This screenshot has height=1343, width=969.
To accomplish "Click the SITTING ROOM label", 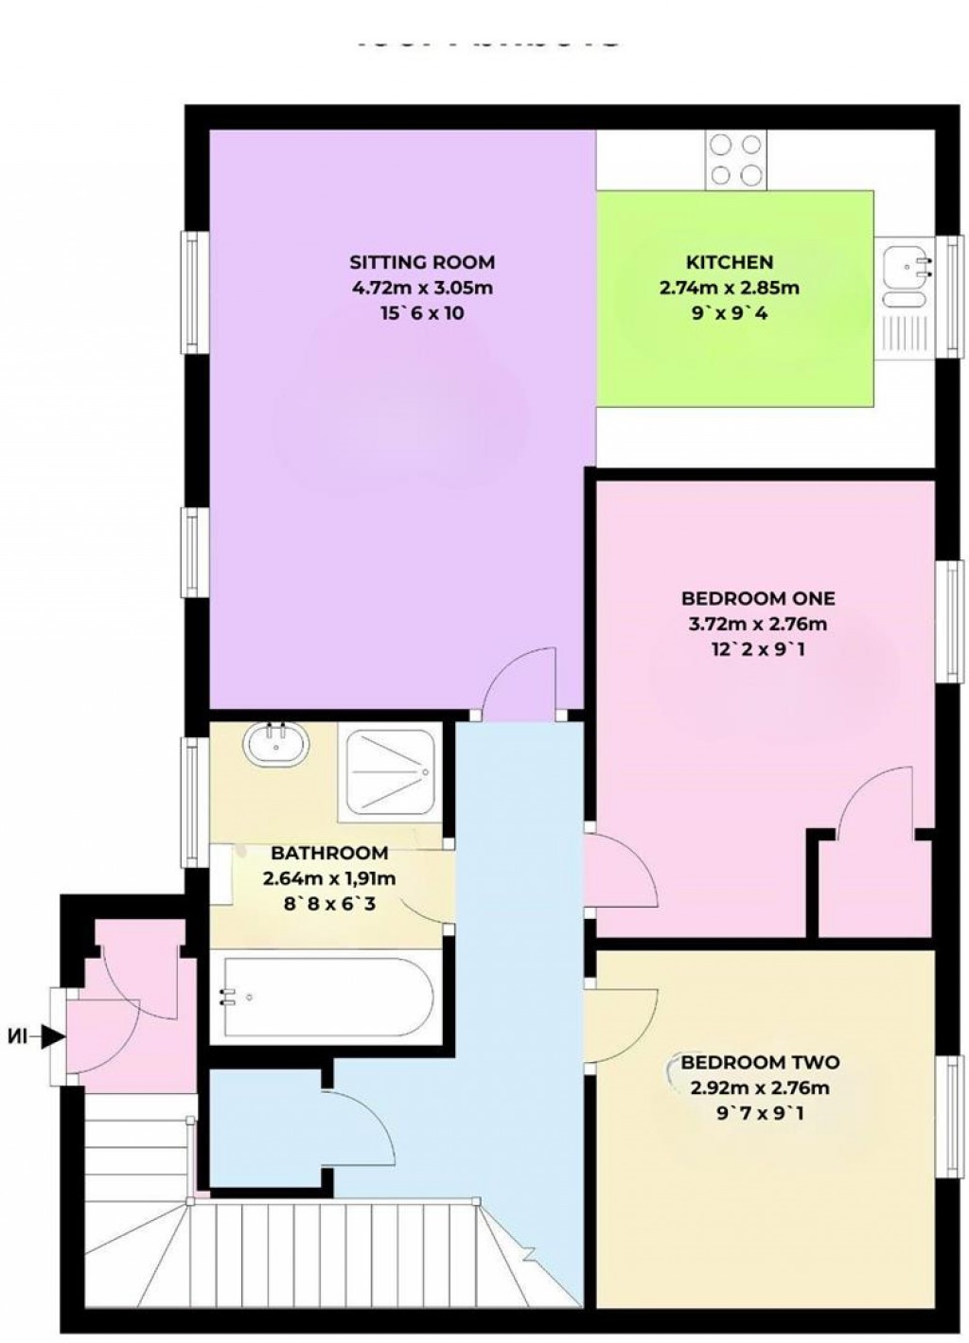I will (x=422, y=262).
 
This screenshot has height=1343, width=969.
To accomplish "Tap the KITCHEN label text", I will (x=729, y=262).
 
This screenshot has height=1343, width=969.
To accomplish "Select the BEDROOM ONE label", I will (x=758, y=598).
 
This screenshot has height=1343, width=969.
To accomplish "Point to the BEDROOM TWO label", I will (x=760, y=1062).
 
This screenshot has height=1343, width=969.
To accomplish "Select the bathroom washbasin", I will (x=276, y=745).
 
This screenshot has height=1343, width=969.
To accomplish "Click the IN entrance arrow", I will (x=38, y=1037).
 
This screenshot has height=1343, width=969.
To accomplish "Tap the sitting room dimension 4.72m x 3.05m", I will (x=422, y=288).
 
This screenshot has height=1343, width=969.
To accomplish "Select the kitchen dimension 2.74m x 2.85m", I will (x=729, y=288).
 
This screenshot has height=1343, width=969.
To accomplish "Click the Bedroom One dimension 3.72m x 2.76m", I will (x=758, y=624).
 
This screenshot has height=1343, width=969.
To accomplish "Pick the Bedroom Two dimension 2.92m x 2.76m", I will (x=760, y=1087).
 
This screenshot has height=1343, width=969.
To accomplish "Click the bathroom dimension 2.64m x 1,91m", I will (x=329, y=878).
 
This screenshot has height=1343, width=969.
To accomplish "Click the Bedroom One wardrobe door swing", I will (x=875, y=804).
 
